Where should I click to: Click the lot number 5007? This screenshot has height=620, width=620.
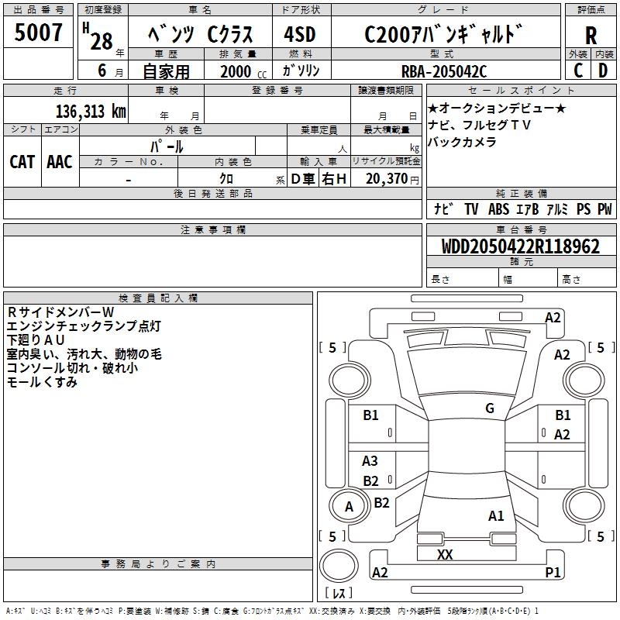pyautogui.click(x=39, y=33)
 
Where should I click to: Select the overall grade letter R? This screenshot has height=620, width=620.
pyautogui.click(x=591, y=35)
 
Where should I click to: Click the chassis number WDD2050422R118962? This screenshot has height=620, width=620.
pyautogui.click(x=520, y=246)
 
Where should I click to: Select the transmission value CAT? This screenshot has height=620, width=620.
pyautogui.click(x=22, y=161)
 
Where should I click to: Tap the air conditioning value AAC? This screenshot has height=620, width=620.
pyautogui.click(x=60, y=161)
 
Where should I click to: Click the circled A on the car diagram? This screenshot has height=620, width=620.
pyautogui.click(x=349, y=507)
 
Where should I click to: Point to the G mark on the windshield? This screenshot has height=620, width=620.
pyautogui.click(x=490, y=408)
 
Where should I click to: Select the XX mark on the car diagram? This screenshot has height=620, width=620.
pyautogui.click(x=445, y=554)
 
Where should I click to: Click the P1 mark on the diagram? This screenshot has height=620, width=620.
pyautogui.click(x=553, y=572)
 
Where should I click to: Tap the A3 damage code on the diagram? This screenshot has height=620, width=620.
pyautogui.click(x=370, y=461)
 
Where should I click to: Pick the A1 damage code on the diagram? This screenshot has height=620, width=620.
pyautogui.click(x=496, y=515)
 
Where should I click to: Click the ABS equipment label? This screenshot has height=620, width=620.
pyautogui.click(x=499, y=209)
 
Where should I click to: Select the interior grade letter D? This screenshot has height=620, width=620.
pyautogui.click(x=603, y=71)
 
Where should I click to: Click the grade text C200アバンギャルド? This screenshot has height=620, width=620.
pyautogui.click(x=443, y=35)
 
